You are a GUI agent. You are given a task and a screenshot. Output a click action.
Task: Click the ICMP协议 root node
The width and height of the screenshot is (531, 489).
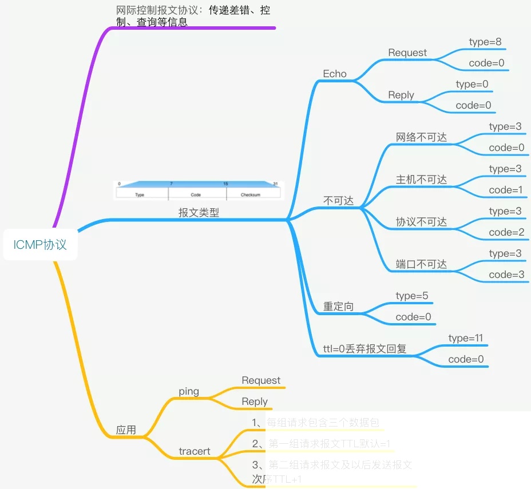point(40,245)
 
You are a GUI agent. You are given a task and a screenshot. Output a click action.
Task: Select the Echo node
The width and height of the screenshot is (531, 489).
point(335,74)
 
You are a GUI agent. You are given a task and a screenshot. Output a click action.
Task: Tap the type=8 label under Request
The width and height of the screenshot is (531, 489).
point(485,42)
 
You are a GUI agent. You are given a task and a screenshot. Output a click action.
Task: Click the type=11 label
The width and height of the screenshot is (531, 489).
point(466,338)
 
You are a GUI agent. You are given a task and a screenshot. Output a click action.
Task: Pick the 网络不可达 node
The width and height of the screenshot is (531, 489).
point(421,137)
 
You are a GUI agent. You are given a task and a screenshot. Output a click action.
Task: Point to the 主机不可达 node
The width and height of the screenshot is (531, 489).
point(421,180)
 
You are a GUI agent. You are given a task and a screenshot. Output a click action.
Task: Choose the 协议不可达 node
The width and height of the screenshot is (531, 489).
point(421,222)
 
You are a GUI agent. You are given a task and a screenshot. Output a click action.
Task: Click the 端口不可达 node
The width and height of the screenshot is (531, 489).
point(421,264)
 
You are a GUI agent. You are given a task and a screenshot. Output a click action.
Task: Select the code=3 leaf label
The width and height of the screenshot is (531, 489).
point(506,275)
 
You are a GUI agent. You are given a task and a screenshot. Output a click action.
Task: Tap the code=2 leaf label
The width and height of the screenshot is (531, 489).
point(506,232)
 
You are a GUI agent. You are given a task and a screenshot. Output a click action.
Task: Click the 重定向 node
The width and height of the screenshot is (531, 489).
point(338,307)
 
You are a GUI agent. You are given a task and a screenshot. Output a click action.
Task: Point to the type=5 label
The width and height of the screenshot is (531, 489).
point(412,296)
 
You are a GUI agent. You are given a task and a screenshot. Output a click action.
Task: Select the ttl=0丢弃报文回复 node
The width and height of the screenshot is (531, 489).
point(364,349)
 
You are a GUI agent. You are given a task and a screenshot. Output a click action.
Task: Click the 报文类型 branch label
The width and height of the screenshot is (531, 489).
point(199,213)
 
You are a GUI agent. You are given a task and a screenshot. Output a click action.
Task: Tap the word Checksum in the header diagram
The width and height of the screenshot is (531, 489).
point(251,195)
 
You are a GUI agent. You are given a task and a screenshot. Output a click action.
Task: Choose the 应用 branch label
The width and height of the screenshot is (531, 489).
point(126,430)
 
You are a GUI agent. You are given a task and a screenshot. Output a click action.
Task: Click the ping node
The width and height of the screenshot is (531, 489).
point(189,392)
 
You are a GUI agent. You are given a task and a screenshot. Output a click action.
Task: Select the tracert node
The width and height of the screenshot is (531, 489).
point(195,451)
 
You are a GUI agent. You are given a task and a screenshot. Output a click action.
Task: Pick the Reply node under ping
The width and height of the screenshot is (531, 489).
point(255,401)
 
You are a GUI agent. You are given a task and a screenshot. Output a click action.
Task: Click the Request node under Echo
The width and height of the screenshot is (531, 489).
point(407,53)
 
